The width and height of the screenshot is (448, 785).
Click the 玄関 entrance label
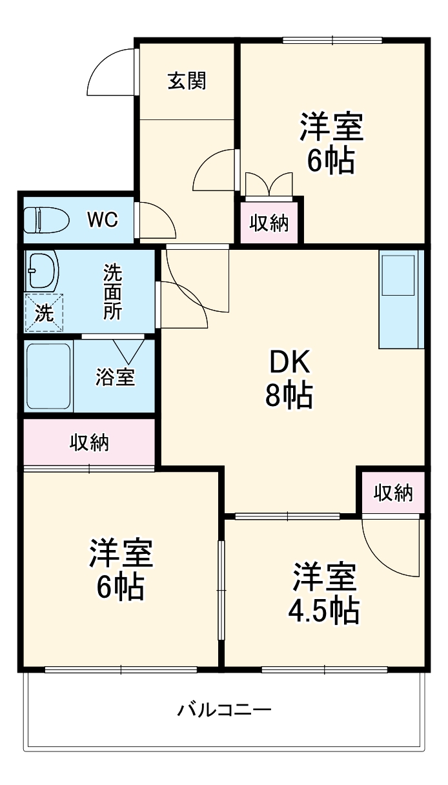[187, 81]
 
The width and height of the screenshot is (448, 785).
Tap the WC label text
[103, 220]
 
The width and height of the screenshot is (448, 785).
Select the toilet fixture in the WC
[46, 220]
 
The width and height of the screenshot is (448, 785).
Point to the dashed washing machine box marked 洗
[45, 312]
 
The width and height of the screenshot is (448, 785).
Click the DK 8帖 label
[289, 380]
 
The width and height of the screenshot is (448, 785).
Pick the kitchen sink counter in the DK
[400, 299]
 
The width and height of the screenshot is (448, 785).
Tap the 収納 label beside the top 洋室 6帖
[269, 223]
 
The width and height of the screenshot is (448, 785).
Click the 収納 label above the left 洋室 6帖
[89, 443]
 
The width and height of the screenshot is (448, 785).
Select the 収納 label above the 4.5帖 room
[392, 493]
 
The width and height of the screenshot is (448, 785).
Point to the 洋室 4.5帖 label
[323, 593]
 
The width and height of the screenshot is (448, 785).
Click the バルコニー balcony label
[224, 711]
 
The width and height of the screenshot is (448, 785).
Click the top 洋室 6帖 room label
[331, 143]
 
